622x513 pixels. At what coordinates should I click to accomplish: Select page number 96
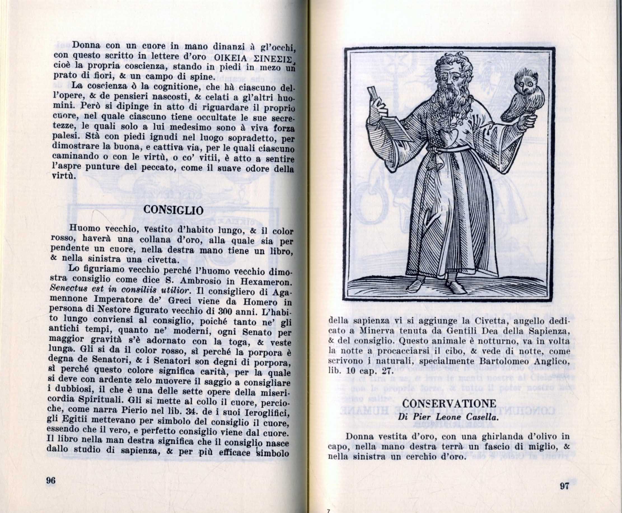[x=51, y=481]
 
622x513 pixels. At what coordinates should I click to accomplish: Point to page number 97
[x=564, y=486]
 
